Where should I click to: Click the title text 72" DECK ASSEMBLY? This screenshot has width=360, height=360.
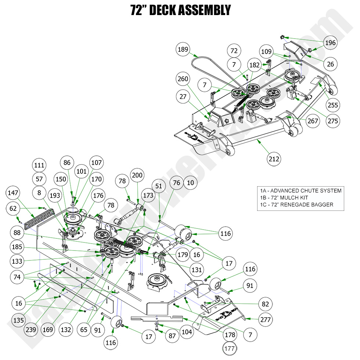(x=180, y=10)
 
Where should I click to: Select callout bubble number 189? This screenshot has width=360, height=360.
(x=183, y=50)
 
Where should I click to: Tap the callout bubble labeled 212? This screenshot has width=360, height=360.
(x=274, y=159)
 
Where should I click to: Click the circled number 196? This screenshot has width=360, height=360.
(x=330, y=43)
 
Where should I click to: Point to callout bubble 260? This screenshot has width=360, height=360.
(x=183, y=79)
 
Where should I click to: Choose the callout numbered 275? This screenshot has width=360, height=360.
(x=333, y=121)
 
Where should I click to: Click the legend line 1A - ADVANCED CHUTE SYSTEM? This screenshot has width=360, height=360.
(x=300, y=191)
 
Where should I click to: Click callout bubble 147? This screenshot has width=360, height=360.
(x=13, y=192)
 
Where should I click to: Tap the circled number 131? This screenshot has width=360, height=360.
(x=197, y=270)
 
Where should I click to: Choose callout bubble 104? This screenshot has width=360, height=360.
(x=187, y=332)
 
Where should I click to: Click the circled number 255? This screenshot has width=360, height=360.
(x=333, y=105)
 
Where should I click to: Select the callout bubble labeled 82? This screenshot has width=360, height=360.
(x=266, y=304)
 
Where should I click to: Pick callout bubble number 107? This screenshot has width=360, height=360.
(x=97, y=162)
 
